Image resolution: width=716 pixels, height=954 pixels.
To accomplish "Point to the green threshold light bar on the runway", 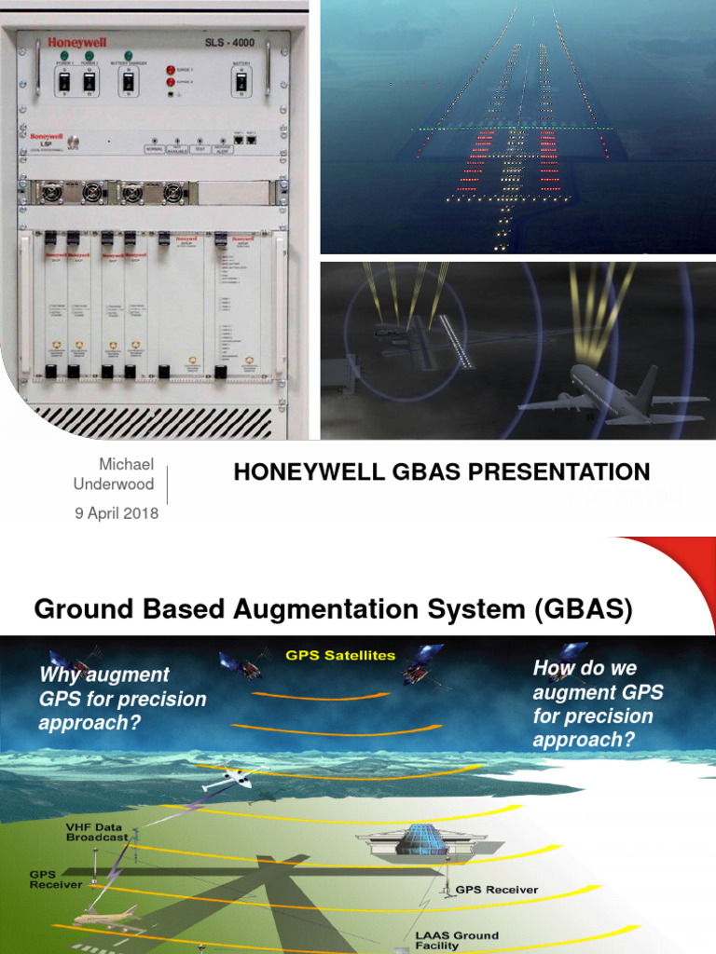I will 513,128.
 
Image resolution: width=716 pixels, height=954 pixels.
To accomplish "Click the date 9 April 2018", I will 117,513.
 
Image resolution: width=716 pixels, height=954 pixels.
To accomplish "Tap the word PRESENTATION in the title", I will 558,472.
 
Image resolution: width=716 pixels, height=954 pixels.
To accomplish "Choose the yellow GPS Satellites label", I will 340,655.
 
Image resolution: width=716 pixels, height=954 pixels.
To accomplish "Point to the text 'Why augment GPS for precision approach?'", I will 121,698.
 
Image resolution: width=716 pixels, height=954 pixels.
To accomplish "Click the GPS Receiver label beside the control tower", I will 496,890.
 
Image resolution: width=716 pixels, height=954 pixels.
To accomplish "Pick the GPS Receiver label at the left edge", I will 55,879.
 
